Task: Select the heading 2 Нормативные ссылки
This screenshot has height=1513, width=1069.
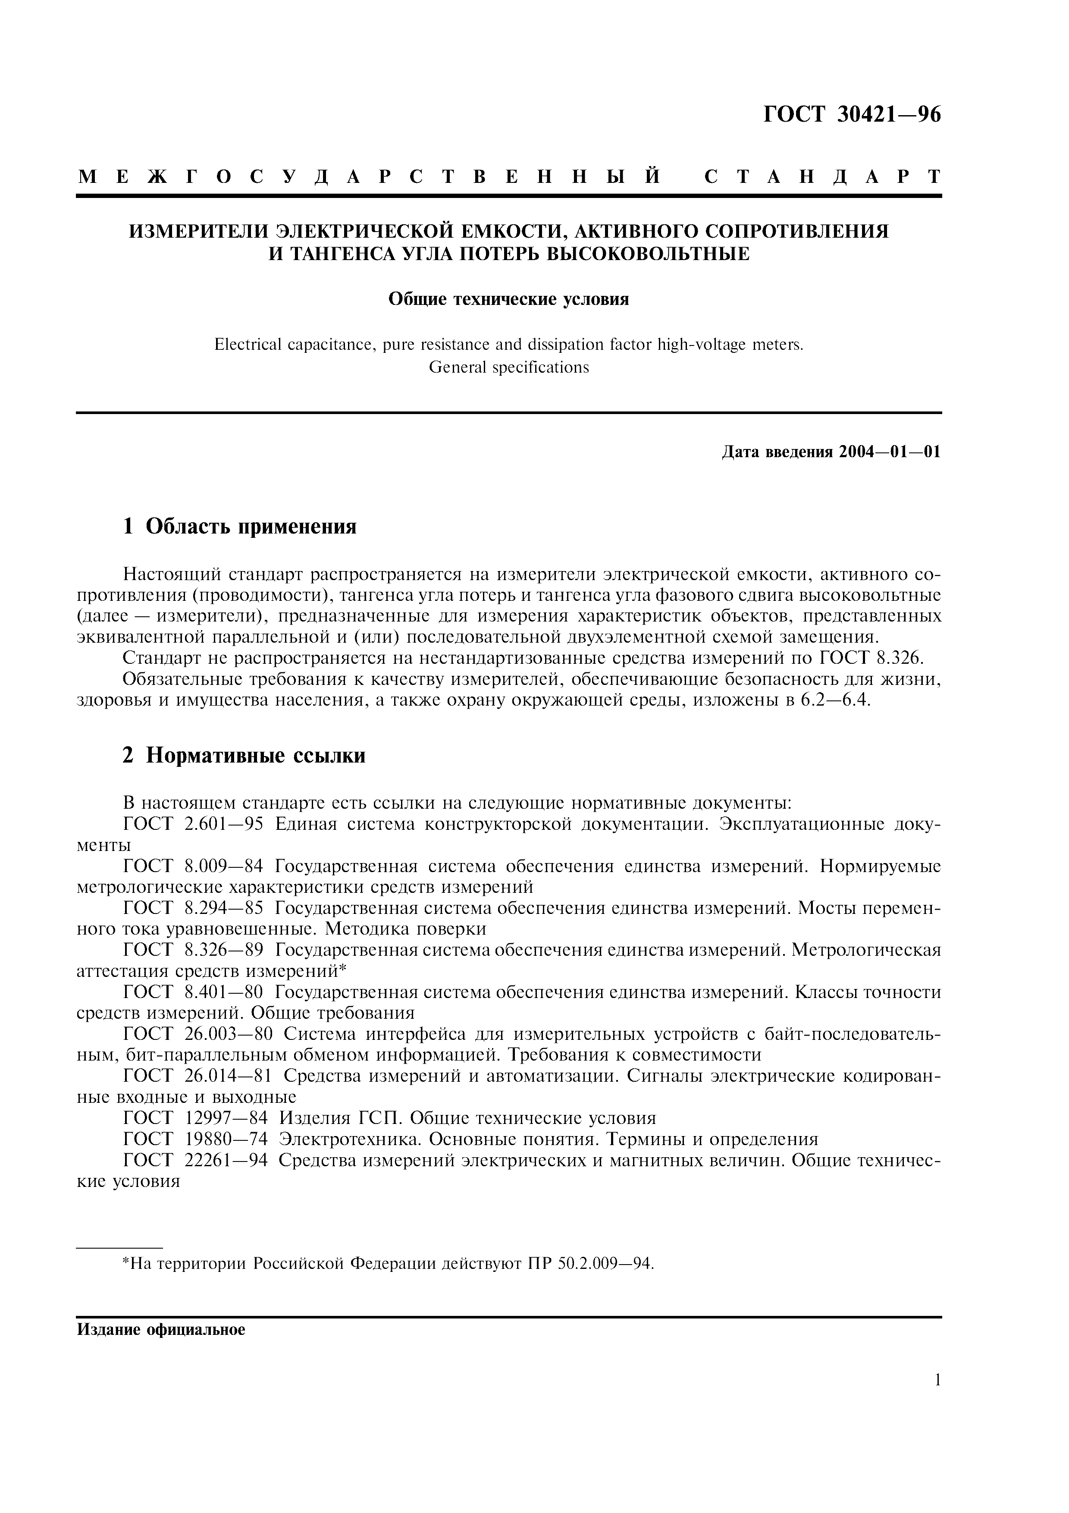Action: coord(244,755)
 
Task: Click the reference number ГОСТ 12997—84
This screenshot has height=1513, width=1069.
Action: coord(196,1118)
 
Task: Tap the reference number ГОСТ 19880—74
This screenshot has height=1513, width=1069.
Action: coord(196,1139)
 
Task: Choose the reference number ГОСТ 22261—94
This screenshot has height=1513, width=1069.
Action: coord(196,1161)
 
